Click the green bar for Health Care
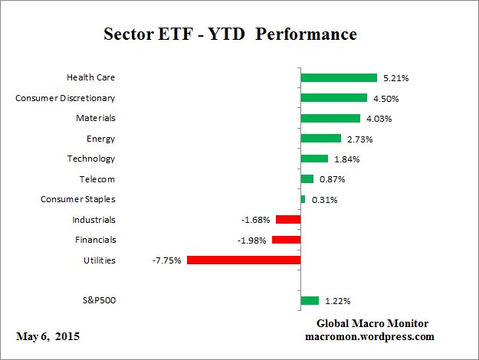(339, 77)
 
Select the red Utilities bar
(244, 260)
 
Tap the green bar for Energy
(320, 139)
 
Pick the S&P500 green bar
(310, 301)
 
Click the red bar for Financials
(286, 240)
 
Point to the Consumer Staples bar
(303, 199)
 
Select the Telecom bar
(307, 179)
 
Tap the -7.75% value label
(167, 260)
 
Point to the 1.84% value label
(346, 159)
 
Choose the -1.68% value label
(255, 220)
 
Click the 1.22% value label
(336, 301)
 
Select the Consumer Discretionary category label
(66, 98)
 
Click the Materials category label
(96, 118)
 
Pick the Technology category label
(91, 159)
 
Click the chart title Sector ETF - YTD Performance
(230, 34)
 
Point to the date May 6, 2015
(47, 336)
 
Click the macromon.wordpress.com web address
(369, 336)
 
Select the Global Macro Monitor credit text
(372, 323)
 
